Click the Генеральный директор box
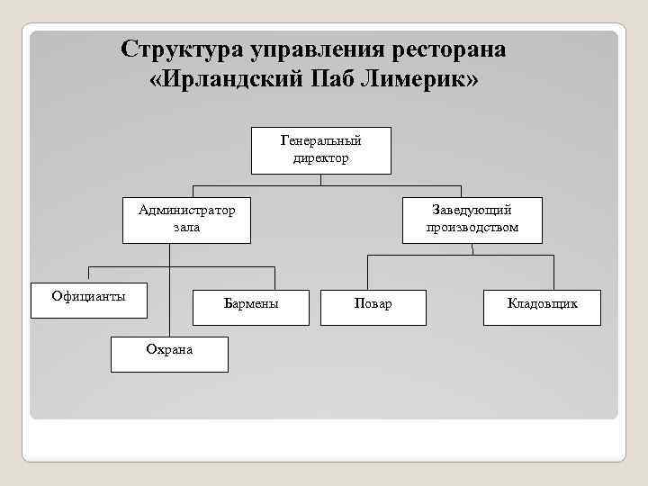click(x=321, y=149)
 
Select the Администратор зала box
click(x=186, y=220)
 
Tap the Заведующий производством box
click(x=472, y=220)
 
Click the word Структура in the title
click(x=183, y=49)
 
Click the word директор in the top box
click(x=321, y=158)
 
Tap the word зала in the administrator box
click(x=186, y=228)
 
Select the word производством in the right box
click(x=472, y=228)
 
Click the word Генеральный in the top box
click(x=321, y=141)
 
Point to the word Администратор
click(x=186, y=211)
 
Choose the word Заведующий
click(x=472, y=211)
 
